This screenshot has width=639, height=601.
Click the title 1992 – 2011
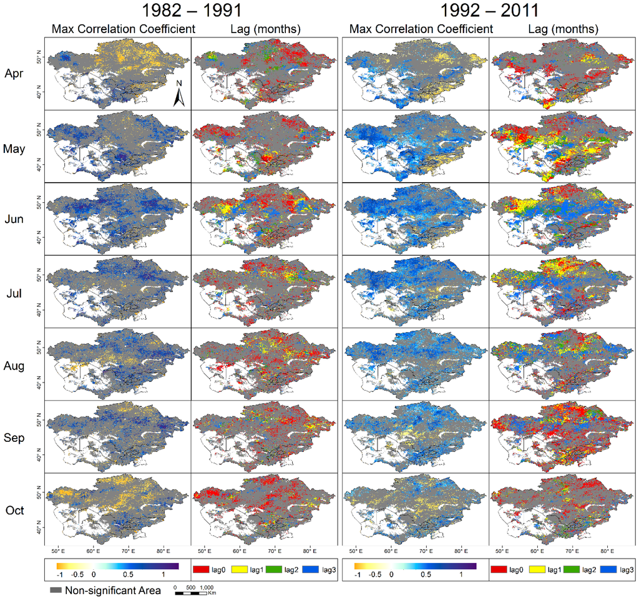488,11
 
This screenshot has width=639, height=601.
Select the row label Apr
14,73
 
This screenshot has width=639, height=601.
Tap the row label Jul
14,293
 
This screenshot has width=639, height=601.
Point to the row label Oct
14,511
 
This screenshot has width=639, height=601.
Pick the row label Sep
14,438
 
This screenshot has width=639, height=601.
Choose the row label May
14,149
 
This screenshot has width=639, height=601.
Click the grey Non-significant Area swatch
55,590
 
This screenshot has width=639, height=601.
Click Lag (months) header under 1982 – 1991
263,29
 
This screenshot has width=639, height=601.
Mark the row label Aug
14,366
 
